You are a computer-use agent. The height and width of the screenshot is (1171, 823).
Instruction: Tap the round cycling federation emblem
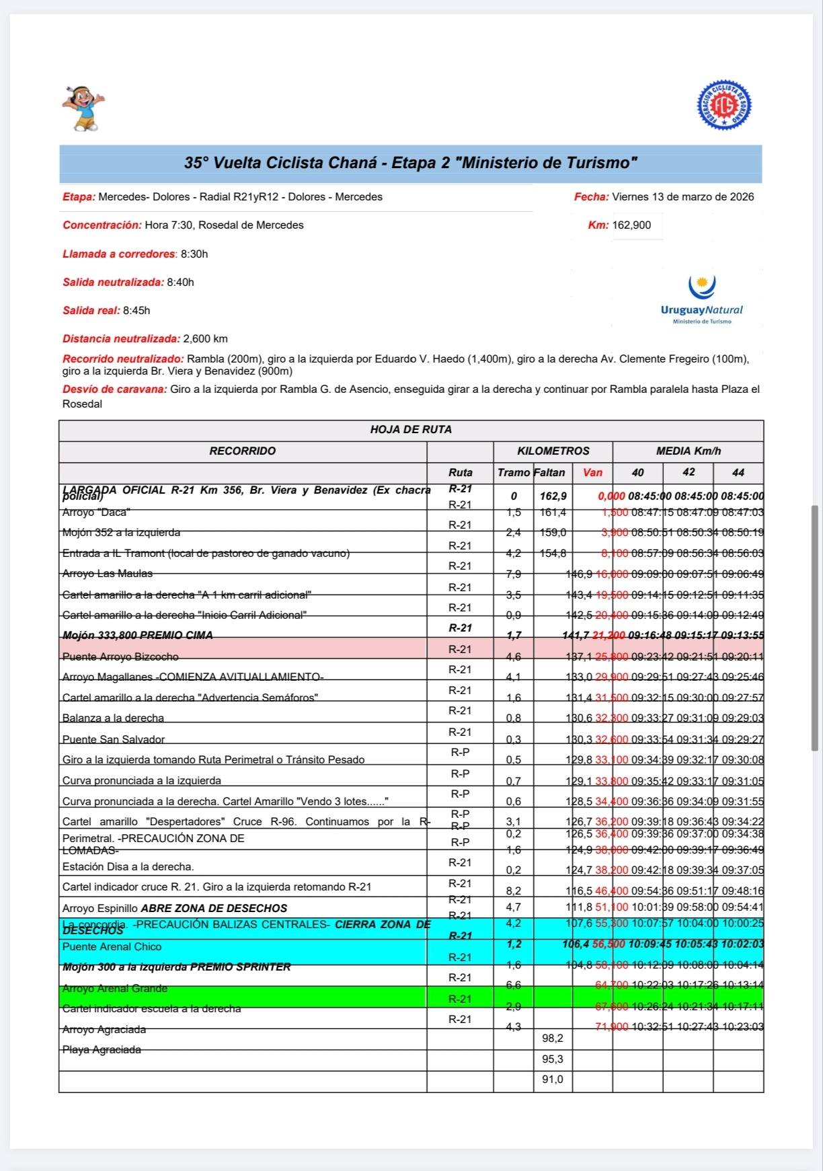[724, 105]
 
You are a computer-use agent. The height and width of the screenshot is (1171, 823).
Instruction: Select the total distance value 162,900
[632, 225]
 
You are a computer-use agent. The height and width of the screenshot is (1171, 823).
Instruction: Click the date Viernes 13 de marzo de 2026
[682, 197]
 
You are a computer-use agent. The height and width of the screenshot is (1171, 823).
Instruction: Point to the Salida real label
[91, 311]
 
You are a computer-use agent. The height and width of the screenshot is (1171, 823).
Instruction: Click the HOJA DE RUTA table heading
[411, 430]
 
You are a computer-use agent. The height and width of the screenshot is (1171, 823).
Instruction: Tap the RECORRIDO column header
[242, 451]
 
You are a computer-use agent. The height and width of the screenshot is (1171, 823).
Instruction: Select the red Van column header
[592, 473]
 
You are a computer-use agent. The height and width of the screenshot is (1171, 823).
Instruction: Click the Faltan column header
[549, 473]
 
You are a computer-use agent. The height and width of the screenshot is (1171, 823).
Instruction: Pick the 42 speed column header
[689, 472]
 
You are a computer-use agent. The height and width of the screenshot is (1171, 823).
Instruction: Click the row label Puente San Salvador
[114, 740]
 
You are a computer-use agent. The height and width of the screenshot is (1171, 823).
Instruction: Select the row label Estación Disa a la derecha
[128, 867]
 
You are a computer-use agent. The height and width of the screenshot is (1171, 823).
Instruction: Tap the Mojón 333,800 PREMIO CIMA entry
[137, 636]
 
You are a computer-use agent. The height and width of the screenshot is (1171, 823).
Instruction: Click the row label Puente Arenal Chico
[112, 947]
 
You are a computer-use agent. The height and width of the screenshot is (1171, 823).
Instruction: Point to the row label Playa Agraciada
[102, 1050]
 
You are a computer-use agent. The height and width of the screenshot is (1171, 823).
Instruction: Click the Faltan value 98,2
[553, 1038]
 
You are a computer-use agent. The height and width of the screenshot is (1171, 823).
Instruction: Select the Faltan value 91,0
[553, 1080]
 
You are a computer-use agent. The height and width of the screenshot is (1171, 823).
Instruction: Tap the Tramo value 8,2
[514, 891]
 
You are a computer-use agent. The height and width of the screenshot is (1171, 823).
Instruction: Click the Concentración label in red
[102, 225]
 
